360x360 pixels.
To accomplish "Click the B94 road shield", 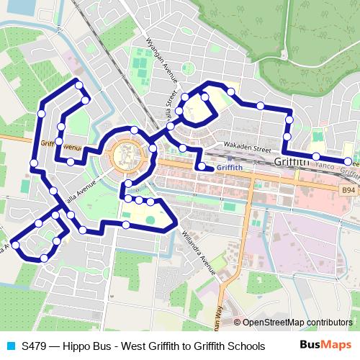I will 348,189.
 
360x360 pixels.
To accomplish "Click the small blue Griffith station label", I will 228,168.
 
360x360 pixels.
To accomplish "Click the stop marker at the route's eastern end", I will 348,161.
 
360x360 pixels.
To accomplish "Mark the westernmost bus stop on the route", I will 16,245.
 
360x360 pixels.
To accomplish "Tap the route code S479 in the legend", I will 35,346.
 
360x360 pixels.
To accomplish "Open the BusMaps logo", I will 325,345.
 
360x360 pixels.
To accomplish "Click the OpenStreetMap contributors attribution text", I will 292,323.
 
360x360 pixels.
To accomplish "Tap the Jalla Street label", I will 171,105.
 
